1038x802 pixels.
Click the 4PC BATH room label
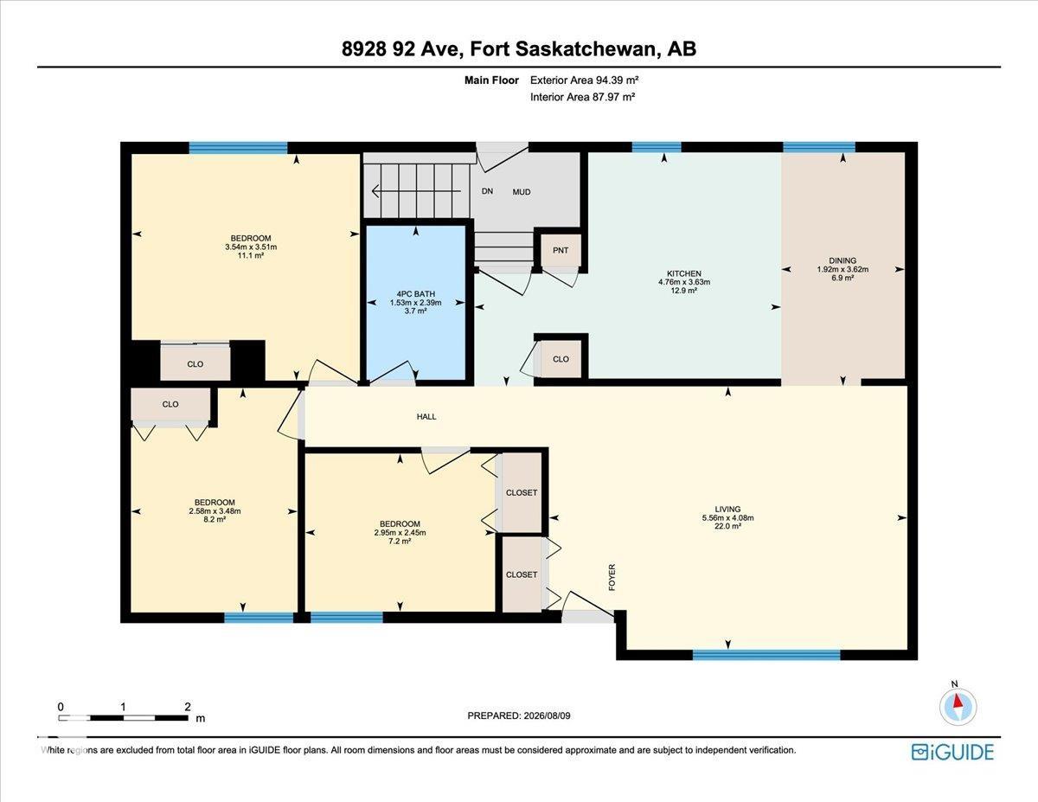click(x=415, y=294)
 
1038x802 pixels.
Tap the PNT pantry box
click(x=561, y=250)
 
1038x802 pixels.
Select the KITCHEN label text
click(x=684, y=273)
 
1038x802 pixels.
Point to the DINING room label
click(x=843, y=260)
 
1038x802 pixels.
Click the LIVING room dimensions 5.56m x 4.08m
click(x=728, y=517)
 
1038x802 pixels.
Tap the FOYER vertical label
click(x=612, y=578)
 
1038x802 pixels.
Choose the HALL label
click(x=426, y=416)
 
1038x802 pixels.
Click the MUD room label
click(x=521, y=192)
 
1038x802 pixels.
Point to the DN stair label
click(x=487, y=191)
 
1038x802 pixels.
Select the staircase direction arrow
click(x=416, y=191)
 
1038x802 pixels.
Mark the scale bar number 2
click(x=188, y=707)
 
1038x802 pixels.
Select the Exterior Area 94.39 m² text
click(x=584, y=80)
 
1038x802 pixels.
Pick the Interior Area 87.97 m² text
click(x=582, y=97)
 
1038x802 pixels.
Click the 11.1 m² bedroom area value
click(x=251, y=255)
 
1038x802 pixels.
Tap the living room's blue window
click(x=766, y=654)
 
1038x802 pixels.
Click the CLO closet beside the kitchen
click(x=561, y=359)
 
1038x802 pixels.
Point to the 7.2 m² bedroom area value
click(x=400, y=542)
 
